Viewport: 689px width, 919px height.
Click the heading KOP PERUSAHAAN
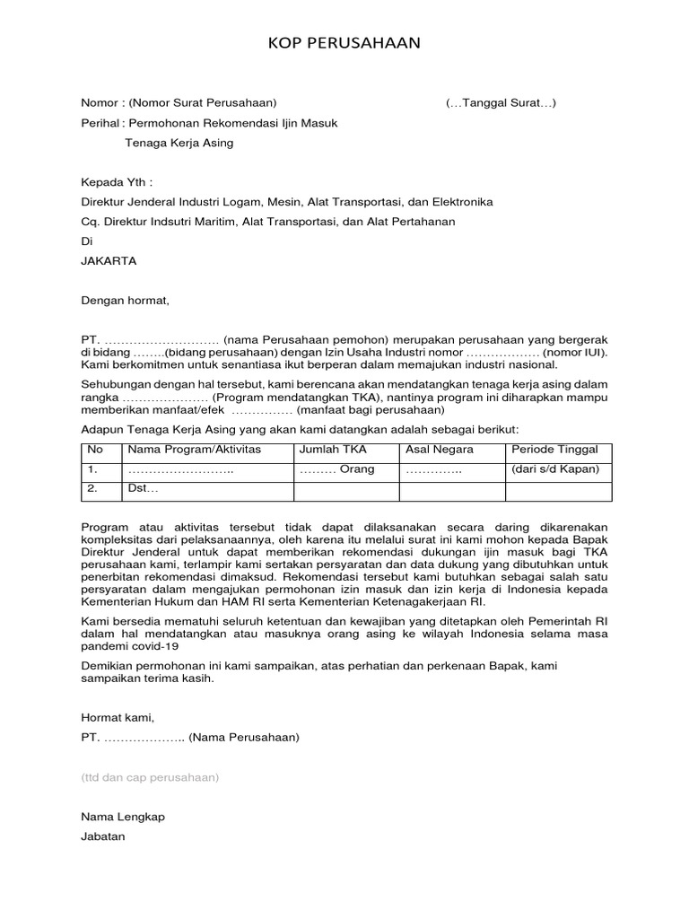(x=344, y=43)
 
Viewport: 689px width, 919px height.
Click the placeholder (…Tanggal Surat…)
(x=501, y=103)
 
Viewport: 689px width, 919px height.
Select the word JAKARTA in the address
(x=109, y=261)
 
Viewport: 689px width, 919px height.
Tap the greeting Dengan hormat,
(x=125, y=301)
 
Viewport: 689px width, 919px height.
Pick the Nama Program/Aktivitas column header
(x=183, y=450)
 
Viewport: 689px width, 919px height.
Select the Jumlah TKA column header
(x=333, y=450)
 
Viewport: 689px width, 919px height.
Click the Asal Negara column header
(x=440, y=450)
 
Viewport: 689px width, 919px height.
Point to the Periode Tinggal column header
(x=554, y=450)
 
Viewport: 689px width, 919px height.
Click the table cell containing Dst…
(x=144, y=490)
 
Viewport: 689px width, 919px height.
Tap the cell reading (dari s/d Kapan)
(x=555, y=469)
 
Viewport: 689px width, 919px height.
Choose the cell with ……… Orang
(x=336, y=469)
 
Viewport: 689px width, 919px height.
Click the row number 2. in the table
(x=92, y=490)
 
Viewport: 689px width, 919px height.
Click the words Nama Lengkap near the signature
(x=123, y=817)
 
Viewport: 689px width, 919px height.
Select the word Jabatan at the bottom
(x=103, y=836)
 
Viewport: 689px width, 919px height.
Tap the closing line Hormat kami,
(x=118, y=718)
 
